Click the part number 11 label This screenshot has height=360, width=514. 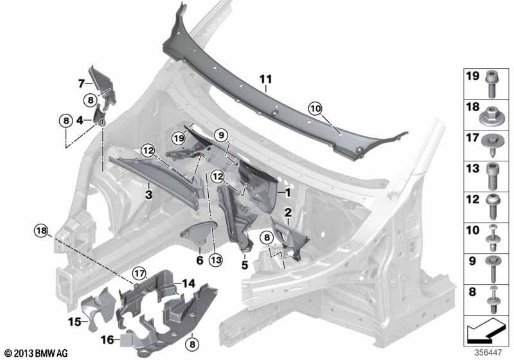[x=265, y=79]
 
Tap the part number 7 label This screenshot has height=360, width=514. [x=82, y=83]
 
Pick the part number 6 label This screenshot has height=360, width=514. [x=199, y=260]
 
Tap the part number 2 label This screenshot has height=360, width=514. [x=288, y=212]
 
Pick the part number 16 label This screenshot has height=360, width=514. [x=107, y=339]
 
